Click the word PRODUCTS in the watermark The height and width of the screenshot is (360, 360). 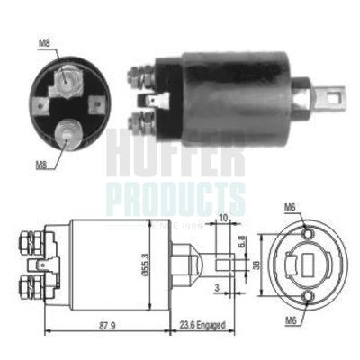coord(171,195)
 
